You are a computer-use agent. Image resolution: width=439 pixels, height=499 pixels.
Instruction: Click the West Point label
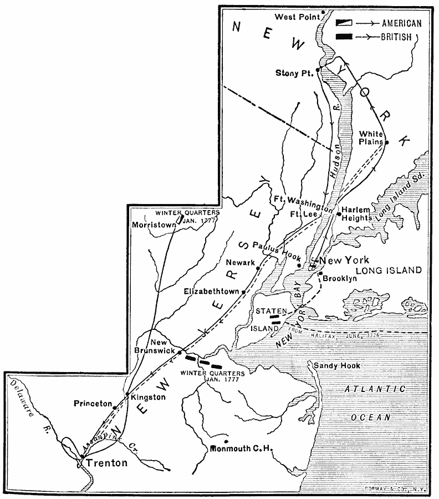[294, 17]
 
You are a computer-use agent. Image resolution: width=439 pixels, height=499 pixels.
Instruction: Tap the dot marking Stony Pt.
[318, 70]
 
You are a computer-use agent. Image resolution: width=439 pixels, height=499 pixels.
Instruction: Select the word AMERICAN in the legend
[401, 23]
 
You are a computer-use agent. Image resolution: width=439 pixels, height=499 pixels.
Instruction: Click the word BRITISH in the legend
[396, 37]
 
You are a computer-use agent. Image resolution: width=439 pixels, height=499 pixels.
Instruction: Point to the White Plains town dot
[387, 142]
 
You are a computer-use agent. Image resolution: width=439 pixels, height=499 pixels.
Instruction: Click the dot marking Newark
[258, 268]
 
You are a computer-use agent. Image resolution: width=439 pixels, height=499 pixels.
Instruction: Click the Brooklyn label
[340, 279]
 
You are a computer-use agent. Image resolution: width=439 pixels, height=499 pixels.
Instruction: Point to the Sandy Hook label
[336, 366]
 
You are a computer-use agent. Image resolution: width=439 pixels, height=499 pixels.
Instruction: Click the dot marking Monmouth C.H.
[226, 441]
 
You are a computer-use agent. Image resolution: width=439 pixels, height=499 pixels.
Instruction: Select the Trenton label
[108, 463]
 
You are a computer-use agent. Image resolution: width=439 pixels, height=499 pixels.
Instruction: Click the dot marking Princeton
[115, 408]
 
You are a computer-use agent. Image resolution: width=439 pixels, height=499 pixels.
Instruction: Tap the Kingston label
[147, 398]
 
